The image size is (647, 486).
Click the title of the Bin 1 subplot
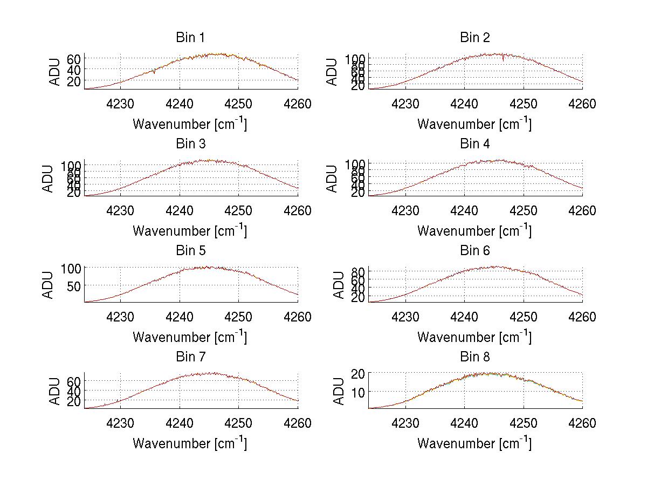click(190, 38)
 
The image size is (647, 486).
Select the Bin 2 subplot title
click(474, 38)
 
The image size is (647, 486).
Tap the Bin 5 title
click(190, 251)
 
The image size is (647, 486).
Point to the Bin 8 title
click(474, 357)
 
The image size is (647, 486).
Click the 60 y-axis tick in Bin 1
click(74, 59)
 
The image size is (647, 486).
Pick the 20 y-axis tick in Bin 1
click(74, 81)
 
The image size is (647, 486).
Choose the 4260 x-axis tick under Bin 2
click(582, 104)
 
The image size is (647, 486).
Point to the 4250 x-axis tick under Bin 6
click(523, 317)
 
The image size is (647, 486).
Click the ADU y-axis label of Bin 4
click(333, 179)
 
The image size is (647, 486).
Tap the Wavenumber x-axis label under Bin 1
click(190, 124)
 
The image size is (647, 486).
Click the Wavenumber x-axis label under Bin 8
click(474, 443)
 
